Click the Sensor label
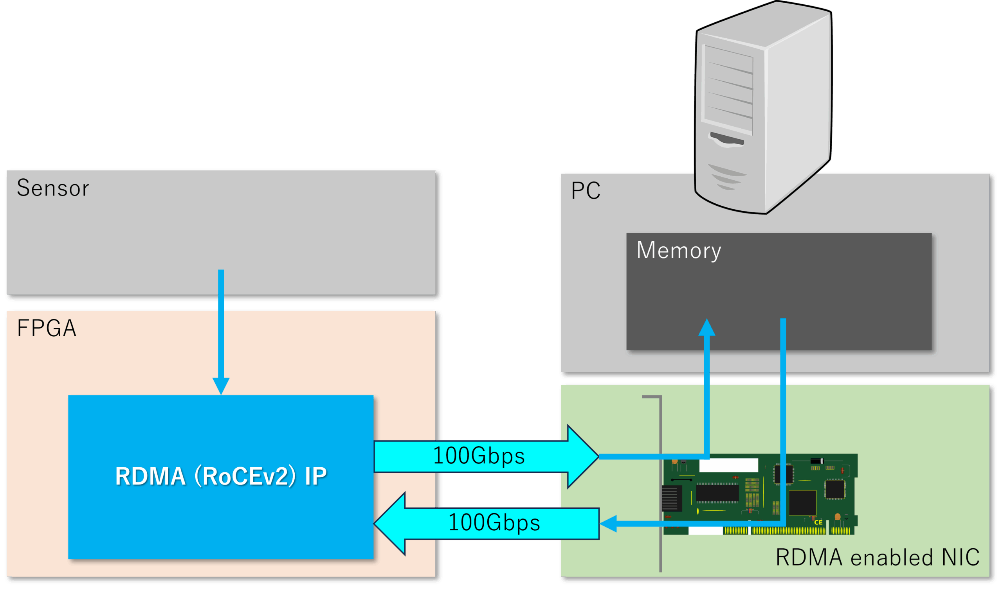pyautogui.click(x=53, y=188)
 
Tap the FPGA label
pyautogui.click(x=47, y=328)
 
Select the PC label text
pyautogui.click(x=585, y=190)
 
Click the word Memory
pyautogui.click(x=679, y=251)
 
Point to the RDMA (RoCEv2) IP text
pyautogui.click(x=221, y=476)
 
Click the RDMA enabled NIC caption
pyautogui.click(x=878, y=557)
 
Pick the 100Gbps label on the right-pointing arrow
pyautogui.click(x=479, y=456)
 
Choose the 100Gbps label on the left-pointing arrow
pyautogui.click(x=494, y=523)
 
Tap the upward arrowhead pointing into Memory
pyautogui.click(x=707, y=327)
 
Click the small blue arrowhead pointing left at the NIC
pyautogui.click(x=608, y=524)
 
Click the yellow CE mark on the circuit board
pyautogui.click(x=818, y=522)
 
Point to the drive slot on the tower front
pyautogui.click(x=727, y=139)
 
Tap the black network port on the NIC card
pyautogui.click(x=672, y=498)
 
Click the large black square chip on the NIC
pyautogui.click(x=802, y=503)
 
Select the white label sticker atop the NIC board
pyautogui.click(x=728, y=465)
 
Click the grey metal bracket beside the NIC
pyautogui.click(x=660, y=480)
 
